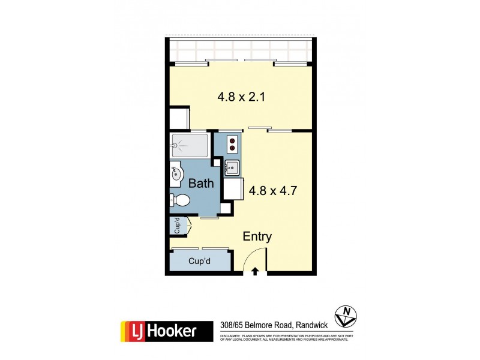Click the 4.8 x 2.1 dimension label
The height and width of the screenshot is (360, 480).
click(240, 96)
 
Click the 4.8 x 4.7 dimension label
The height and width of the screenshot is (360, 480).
click(274, 191)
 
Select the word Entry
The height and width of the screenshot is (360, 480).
click(257, 236)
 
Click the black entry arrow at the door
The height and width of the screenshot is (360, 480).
click(254, 271)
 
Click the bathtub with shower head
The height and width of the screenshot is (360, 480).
click(190, 145)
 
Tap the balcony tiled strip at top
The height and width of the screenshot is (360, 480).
click(240, 51)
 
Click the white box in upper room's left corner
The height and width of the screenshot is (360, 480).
click(179, 118)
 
